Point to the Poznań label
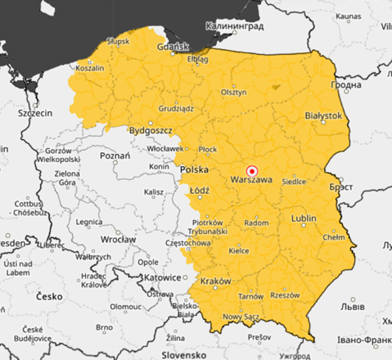click(x=115, y=154)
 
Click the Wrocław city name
click(x=118, y=240)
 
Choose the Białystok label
click(x=322, y=117)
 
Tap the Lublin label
click(x=303, y=219)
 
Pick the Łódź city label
click(x=200, y=190)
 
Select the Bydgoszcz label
click(x=151, y=130)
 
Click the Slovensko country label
click(x=185, y=355)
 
